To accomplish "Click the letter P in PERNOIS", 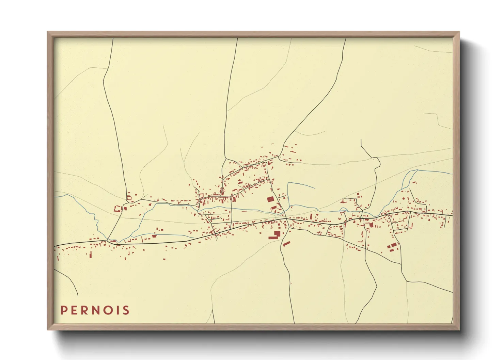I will [x=64, y=310].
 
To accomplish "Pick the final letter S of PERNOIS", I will [x=126, y=310].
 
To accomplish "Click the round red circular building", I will [x=404, y=198].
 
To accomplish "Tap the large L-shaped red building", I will [x=275, y=235].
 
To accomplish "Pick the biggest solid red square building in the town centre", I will [x=270, y=199].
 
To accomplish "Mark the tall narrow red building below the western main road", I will [x=91, y=254].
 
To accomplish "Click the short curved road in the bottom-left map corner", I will [x=68, y=281].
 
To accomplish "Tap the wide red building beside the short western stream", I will [x=154, y=235].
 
